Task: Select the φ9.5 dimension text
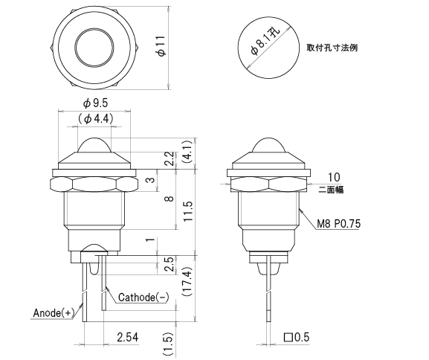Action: [x=95, y=103]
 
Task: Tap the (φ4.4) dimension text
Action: [x=95, y=118]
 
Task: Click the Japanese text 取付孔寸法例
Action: [x=332, y=47]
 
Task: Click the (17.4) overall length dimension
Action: [x=188, y=280]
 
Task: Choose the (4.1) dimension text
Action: [x=188, y=152]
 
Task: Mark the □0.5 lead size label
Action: [x=297, y=338]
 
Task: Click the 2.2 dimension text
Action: [x=169, y=158]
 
